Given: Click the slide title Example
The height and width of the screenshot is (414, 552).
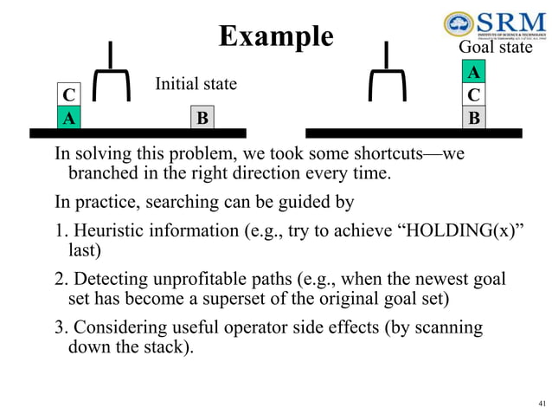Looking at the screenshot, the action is pyautogui.click(x=275, y=36).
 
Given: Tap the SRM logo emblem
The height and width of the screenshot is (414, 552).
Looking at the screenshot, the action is pyautogui.click(x=458, y=25).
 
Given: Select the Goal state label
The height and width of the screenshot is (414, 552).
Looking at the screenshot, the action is pyautogui.click(x=494, y=48).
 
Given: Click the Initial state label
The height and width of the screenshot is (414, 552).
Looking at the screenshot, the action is pyautogui.click(x=196, y=84).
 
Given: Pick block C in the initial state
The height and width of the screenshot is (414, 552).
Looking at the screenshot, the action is pyautogui.click(x=67, y=94).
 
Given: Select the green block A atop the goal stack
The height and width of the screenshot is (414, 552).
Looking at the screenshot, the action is pyautogui.click(x=473, y=72).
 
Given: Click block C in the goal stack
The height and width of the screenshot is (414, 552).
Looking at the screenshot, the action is pyautogui.click(x=473, y=94).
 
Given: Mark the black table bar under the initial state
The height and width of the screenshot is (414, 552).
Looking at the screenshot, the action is pyautogui.click(x=138, y=133).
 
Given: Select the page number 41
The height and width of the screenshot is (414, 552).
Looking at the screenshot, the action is pyautogui.click(x=542, y=404).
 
